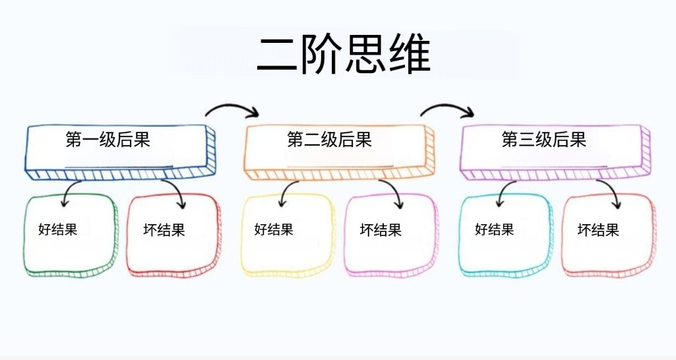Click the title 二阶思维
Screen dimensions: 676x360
tap(344, 55)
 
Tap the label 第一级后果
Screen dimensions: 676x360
tap(108, 140)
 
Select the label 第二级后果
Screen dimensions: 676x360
tap(329, 140)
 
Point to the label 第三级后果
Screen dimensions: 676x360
tap(544, 140)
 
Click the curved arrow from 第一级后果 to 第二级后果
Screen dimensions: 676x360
tap(232, 105)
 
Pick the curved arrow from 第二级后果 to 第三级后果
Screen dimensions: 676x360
tap(447, 105)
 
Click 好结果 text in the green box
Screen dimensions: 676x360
tap(58, 229)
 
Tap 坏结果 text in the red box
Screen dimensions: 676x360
tap(164, 229)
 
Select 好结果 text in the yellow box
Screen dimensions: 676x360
tap(274, 229)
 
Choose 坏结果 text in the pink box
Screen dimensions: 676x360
tap(381, 230)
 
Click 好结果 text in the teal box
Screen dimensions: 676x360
tap(495, 229)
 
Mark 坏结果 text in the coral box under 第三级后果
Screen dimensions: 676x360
tap(598, 230)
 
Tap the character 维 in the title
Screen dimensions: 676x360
tap(410, 55)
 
